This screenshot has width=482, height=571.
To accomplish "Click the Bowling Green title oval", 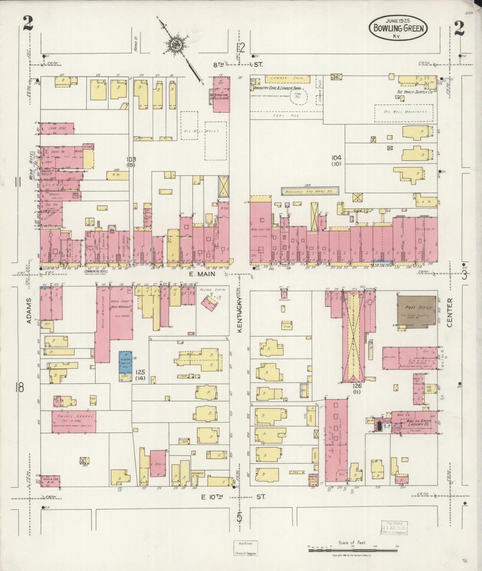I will [398, 28].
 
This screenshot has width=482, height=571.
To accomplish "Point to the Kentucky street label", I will [239, 314].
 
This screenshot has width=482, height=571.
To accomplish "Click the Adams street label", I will [29, 311].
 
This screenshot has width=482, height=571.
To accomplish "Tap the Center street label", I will [450, 312].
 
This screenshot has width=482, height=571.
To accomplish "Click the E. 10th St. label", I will [233, 497].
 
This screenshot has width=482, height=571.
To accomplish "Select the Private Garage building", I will [73, 421].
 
